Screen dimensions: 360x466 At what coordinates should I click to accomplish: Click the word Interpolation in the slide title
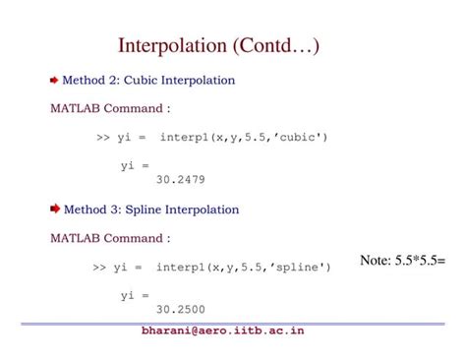click(x=173, y=46)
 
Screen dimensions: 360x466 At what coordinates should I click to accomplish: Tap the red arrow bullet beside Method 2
click(x=54, y=80)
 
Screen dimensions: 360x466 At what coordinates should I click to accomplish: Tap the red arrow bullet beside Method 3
click(x=55, y=209)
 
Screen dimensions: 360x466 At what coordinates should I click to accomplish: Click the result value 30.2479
click(x=180, y=180)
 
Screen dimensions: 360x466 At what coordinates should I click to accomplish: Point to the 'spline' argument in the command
click(x=300, y=266)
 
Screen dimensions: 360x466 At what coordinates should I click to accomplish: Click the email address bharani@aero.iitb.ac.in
click(x=222, y=330)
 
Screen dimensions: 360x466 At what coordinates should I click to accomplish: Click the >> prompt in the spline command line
click(x=99, y=266)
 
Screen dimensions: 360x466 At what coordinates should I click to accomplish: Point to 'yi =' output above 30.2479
click(x=135, y=165)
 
